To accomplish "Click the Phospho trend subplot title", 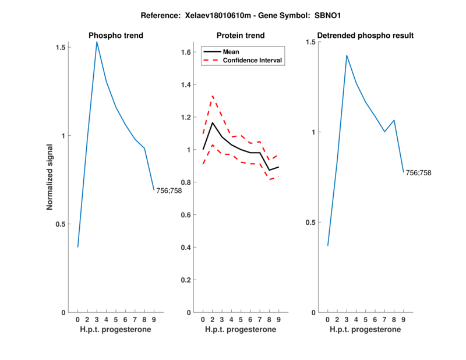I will point(116,36).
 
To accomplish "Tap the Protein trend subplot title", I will point(241,36).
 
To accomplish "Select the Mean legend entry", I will point(231,51).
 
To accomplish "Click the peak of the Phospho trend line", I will point(97,41).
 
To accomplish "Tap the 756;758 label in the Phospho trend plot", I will point(169,190).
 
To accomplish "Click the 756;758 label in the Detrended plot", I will point(419,172).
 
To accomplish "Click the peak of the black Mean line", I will point(213,122).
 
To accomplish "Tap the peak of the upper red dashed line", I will point(213,96).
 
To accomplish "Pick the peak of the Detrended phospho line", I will point(347,55).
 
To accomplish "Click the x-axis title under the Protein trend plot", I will point(241,330).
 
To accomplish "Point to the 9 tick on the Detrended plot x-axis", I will point(403,320).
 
